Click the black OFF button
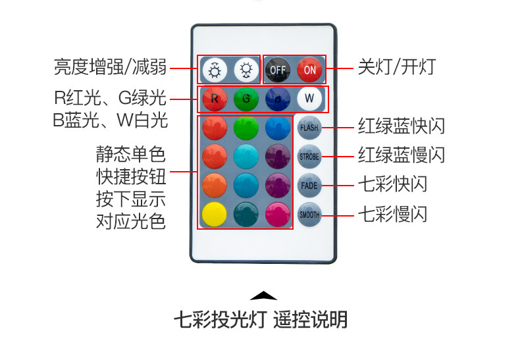276,68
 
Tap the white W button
309,99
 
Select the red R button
214,99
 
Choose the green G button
246,99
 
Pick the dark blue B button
277,99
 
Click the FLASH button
309,128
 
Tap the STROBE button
309,157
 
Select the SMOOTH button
309,214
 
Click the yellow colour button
214,214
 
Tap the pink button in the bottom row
277,214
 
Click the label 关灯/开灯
396,68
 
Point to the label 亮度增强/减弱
110,67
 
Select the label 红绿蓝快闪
402,126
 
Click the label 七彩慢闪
392,214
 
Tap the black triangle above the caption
263,296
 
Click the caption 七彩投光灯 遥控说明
260,321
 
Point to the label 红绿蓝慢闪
402,155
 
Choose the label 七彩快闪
392,184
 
